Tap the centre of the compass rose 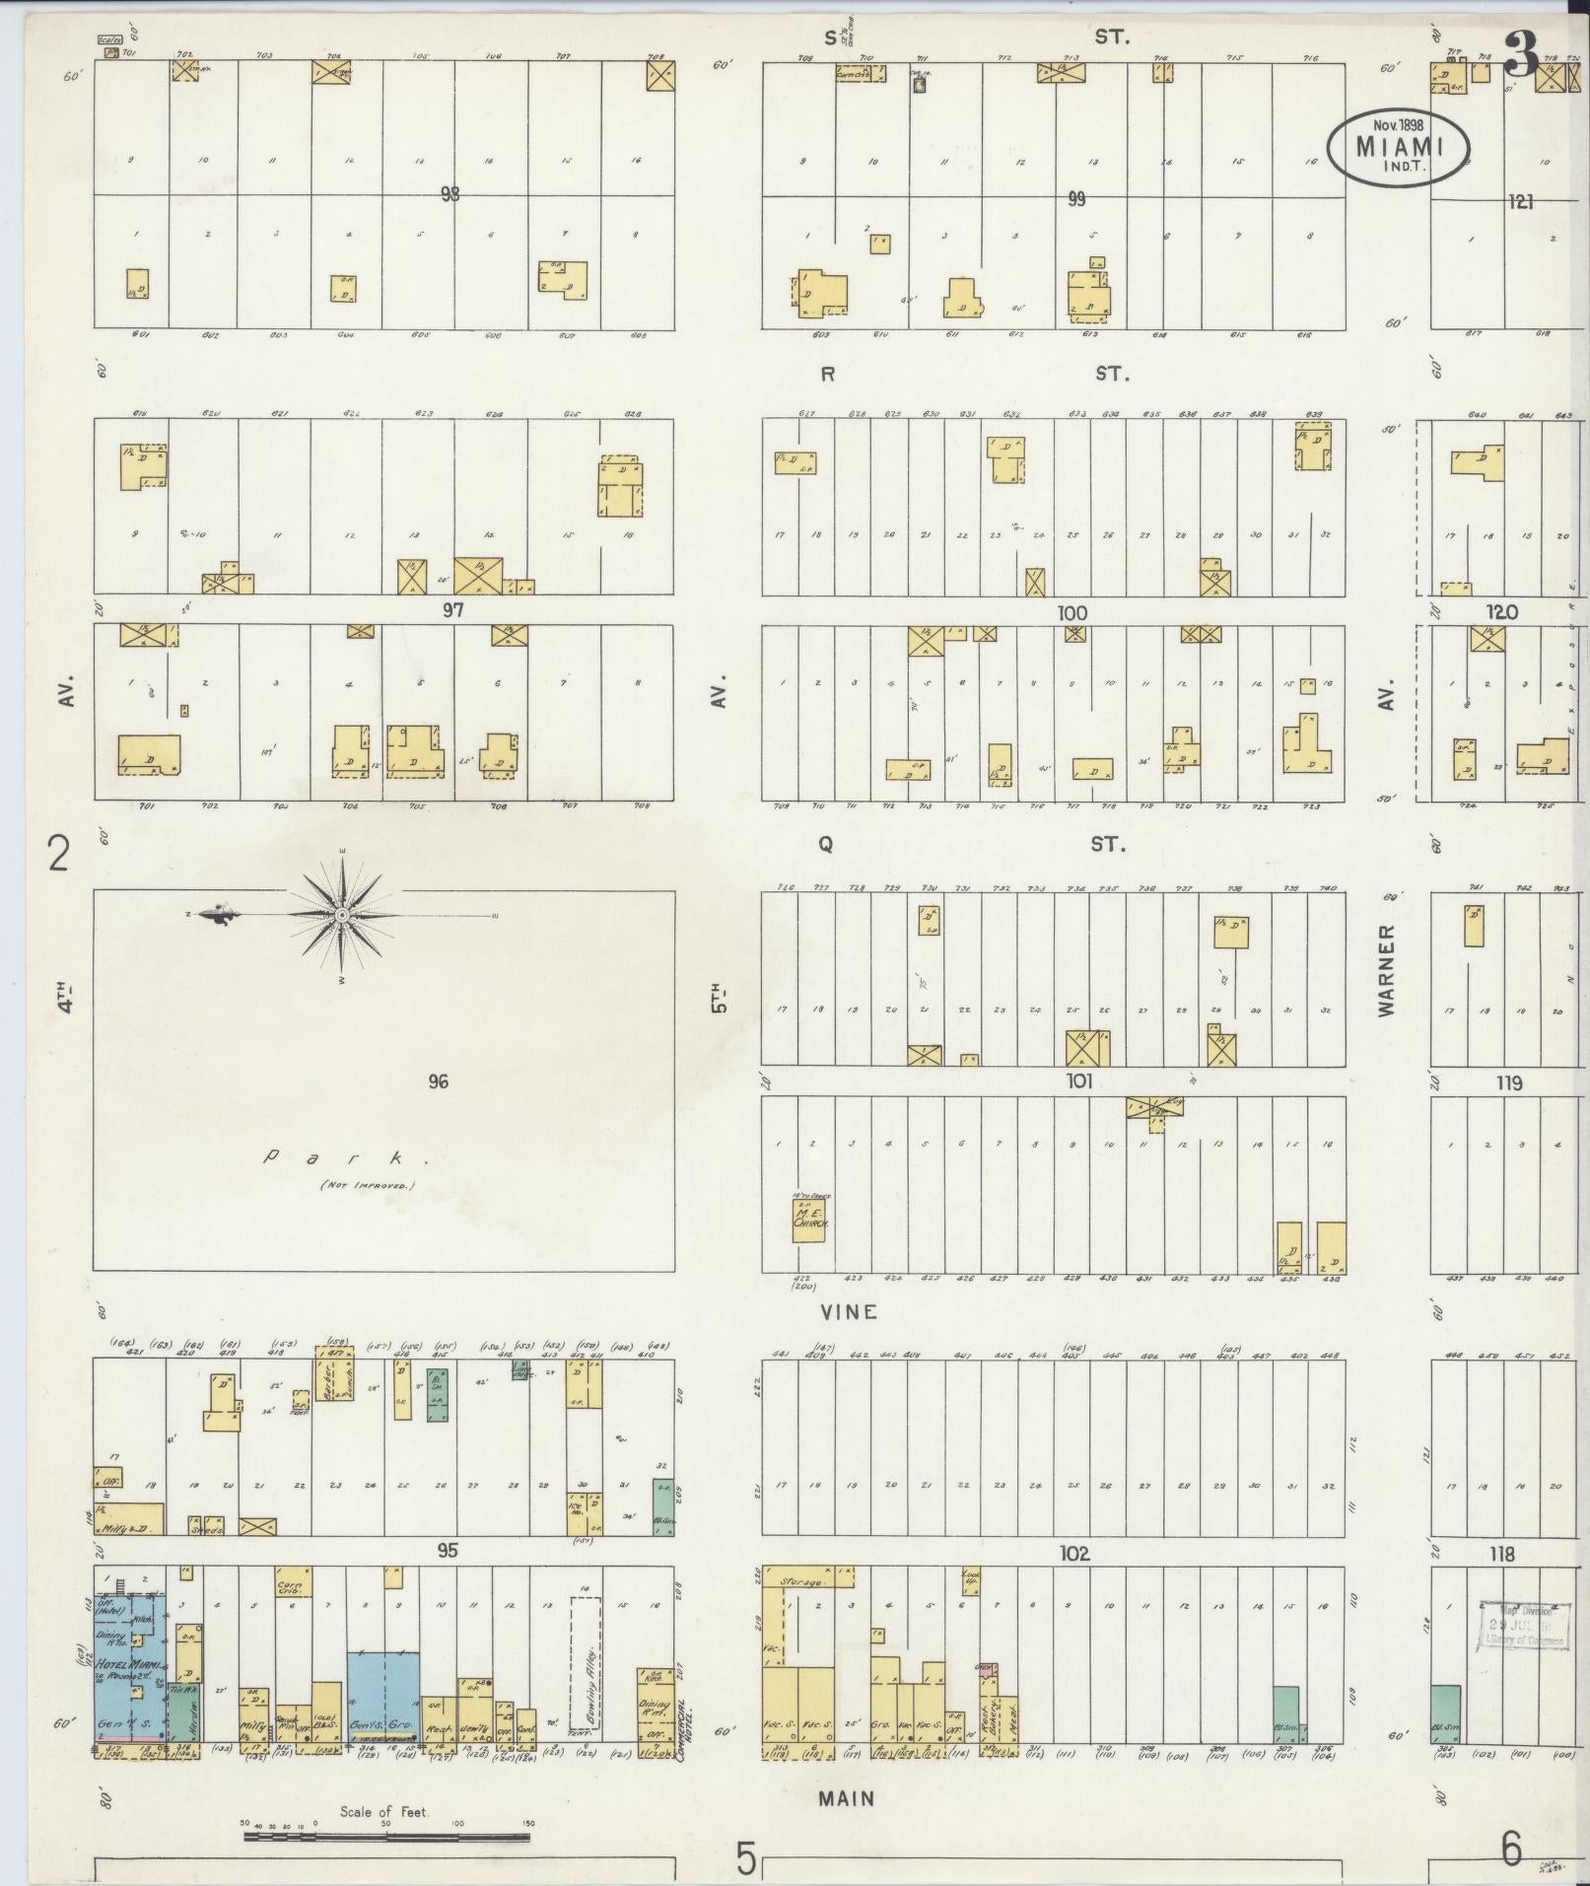[x=341, y=916]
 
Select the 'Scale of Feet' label [x=384, y=1811]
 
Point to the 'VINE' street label [x=848, y=1312]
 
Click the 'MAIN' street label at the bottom [x=847, y=1797]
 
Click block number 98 [x=450, y=195]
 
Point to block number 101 [x=1079, y=1082]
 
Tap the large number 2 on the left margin [x=59, y=854]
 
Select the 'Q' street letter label [x=826, y=844]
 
